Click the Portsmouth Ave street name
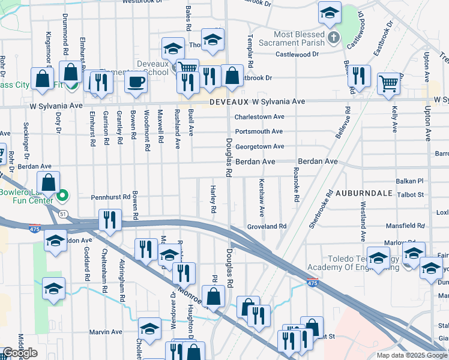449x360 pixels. (259, 131)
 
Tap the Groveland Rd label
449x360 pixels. (267, 227)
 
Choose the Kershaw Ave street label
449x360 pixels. (261, 198)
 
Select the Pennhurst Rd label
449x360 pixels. (110, 197)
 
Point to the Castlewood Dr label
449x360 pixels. (297, 55)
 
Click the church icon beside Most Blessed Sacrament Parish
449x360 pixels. (335, 39)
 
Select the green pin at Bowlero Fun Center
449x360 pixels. (61, 196)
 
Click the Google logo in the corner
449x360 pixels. (20, 353)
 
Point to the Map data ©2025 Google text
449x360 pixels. (412, 355)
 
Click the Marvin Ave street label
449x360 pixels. (106, 332)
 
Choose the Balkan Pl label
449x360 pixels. (409, 181)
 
